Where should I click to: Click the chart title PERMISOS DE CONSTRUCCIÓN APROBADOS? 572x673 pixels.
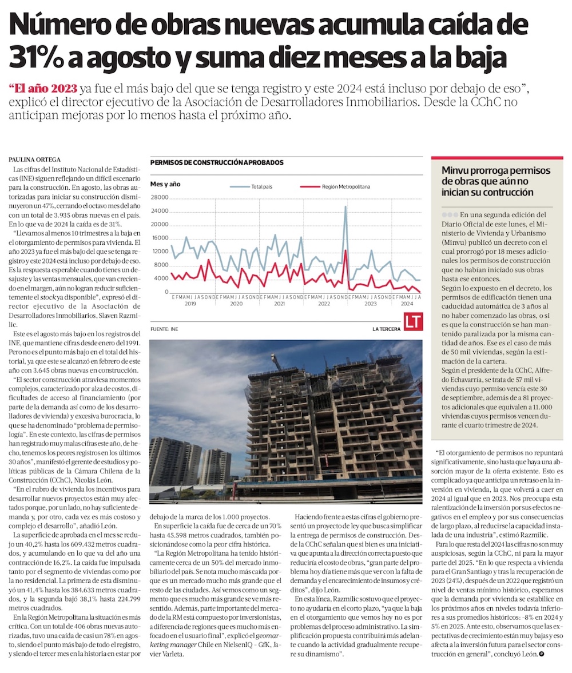217,162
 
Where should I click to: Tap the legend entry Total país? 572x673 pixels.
252,186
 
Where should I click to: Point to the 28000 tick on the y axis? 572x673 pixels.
159,197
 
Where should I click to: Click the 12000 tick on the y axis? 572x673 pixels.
159,252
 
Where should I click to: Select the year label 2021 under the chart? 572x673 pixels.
279,304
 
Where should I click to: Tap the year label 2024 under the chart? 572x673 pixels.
407,304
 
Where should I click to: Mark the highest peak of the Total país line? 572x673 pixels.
345,207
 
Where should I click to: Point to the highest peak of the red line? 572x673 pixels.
345,250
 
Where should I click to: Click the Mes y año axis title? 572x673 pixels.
165,184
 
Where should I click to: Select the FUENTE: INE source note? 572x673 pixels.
164,329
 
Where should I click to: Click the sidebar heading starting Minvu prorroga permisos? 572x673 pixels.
496,181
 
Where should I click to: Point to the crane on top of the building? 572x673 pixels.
277,361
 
